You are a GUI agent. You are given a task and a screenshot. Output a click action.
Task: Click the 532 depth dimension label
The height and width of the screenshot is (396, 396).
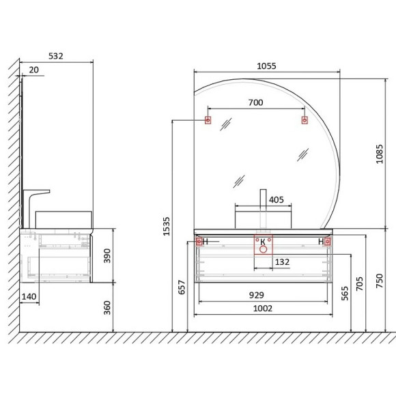(x=55, y=56)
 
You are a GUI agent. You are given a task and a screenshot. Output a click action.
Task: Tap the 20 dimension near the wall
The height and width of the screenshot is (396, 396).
(x=34, y=70)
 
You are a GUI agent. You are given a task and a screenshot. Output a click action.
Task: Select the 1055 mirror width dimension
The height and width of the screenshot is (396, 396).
(x=266, y=66)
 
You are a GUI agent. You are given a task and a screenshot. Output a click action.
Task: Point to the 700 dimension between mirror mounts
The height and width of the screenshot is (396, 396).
(x=255, y=102)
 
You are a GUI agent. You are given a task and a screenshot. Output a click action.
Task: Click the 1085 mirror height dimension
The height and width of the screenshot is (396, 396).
(x=380, y=154)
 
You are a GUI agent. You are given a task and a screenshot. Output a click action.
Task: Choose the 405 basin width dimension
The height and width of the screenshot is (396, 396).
(x=277, y=200)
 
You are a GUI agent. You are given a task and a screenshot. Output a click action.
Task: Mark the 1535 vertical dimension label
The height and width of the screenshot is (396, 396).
(x=166, y=227)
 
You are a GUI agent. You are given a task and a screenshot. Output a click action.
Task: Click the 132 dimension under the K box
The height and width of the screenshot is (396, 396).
(x=282, y=262)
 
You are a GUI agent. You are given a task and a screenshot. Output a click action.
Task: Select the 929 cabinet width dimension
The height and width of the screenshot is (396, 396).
(x=257, y=295)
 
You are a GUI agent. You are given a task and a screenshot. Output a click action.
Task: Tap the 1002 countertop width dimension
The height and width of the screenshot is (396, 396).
(x=263, y=309)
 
